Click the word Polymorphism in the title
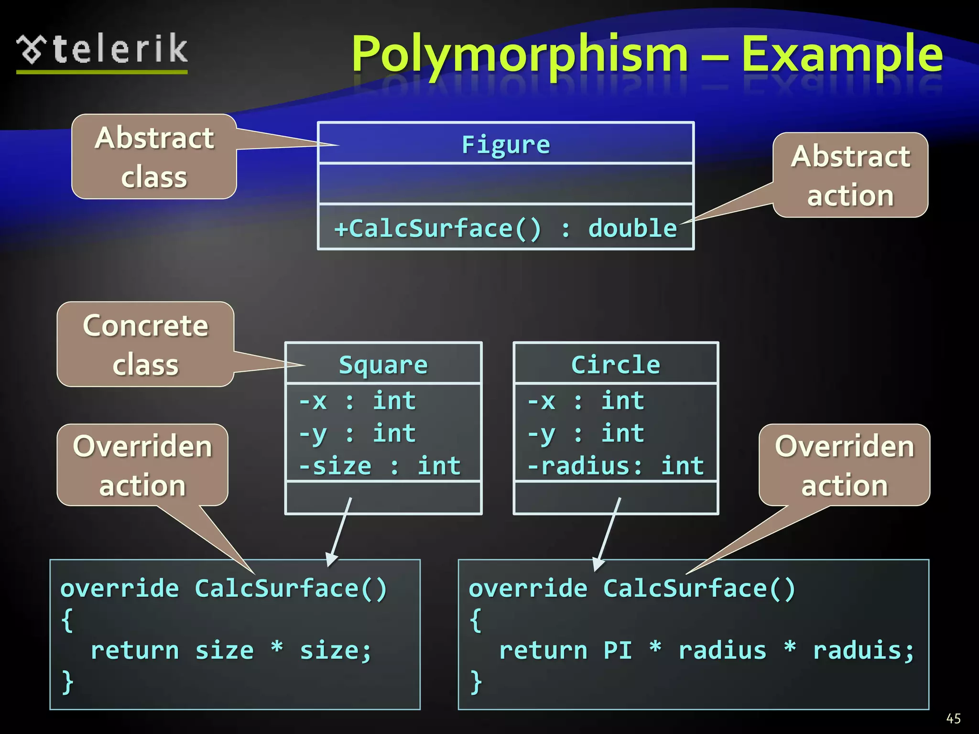point(520,55)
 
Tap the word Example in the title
point(841,55)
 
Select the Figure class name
point(506,144)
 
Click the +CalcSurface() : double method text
point(505,228)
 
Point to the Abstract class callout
point(154,157)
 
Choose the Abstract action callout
point(850,175)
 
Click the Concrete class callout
point(145,345)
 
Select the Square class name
point(383,365)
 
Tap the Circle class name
point(616,365)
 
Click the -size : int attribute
point(380,466)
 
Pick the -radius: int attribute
point(616,466)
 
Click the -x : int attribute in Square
point(357,400)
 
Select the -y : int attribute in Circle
point(586,433)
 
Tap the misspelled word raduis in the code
point(863,651)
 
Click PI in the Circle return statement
point(618,651)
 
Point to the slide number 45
point(953,719)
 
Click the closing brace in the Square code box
point(67,681)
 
